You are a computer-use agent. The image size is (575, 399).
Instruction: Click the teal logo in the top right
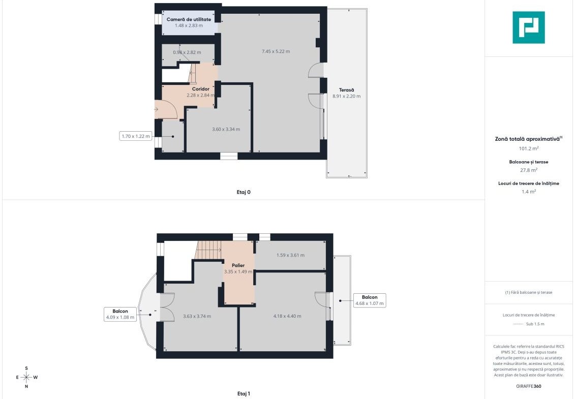[528, 27]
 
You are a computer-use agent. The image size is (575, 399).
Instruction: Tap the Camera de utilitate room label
[189, 19]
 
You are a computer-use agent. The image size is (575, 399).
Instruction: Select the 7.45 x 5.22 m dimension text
[276, 51]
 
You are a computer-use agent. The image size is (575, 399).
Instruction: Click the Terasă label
[347, 90]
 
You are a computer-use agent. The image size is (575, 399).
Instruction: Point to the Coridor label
[201, 89]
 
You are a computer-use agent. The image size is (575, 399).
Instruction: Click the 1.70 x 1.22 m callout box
[136, 136]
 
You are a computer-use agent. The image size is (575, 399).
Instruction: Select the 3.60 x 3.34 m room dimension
[226, 129]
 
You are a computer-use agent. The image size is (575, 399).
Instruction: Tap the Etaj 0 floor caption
[244, 192]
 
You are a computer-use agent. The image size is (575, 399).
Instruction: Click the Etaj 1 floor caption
[244, 393]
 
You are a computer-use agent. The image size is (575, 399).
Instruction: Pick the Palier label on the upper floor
[238, 265]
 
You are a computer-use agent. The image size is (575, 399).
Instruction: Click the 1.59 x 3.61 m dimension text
[290, 255]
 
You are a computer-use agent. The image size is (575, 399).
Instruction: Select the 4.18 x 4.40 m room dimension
[287, 316]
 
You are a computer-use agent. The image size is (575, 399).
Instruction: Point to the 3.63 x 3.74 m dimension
[197, 316]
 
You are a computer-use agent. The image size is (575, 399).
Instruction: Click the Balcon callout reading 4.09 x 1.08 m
[120, 314]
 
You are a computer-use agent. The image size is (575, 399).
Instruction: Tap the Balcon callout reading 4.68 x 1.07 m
[370, 300]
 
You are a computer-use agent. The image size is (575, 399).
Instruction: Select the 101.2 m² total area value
[528, 148]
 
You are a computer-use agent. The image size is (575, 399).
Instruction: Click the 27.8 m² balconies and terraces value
[528, 170]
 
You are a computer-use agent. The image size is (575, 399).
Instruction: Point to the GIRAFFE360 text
[528, 386]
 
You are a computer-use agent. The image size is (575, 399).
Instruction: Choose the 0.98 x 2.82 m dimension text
[187, 52]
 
